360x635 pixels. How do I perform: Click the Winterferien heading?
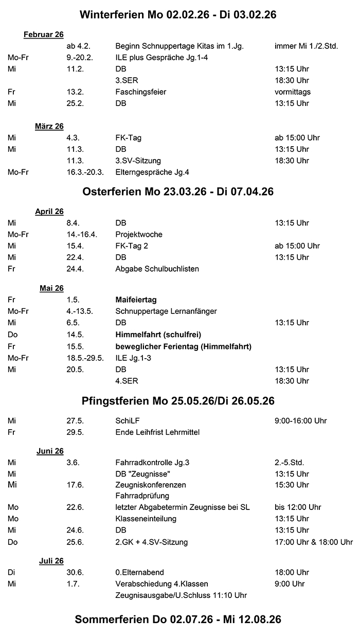(178, 15)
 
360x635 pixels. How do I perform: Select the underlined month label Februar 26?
(43, 34)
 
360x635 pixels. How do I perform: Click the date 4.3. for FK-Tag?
(73, 138)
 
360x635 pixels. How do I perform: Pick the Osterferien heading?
(178, 192)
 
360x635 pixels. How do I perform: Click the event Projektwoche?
(139, 234)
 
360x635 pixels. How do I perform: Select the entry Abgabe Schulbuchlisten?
(157, 269)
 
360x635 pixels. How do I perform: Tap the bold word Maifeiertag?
(136, 299)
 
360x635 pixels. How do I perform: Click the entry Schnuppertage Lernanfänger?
(166, 311)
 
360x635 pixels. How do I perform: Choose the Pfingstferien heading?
(178, 401)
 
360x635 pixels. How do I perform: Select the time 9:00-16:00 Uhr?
(301, 421)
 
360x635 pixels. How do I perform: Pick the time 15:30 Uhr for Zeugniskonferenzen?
(292, 485)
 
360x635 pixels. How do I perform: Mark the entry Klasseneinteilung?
(146, 519)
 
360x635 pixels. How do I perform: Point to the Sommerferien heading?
(178, 620)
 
